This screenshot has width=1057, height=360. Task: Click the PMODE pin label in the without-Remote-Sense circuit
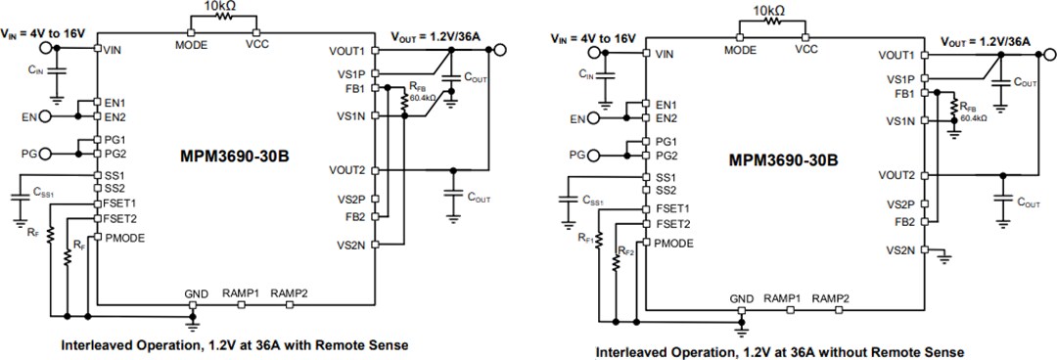click(x=675, y=242)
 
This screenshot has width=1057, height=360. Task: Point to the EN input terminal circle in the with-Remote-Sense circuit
click(x=46, y=117)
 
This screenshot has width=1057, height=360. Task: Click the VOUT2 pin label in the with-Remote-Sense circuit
click(x=346, y=169)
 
